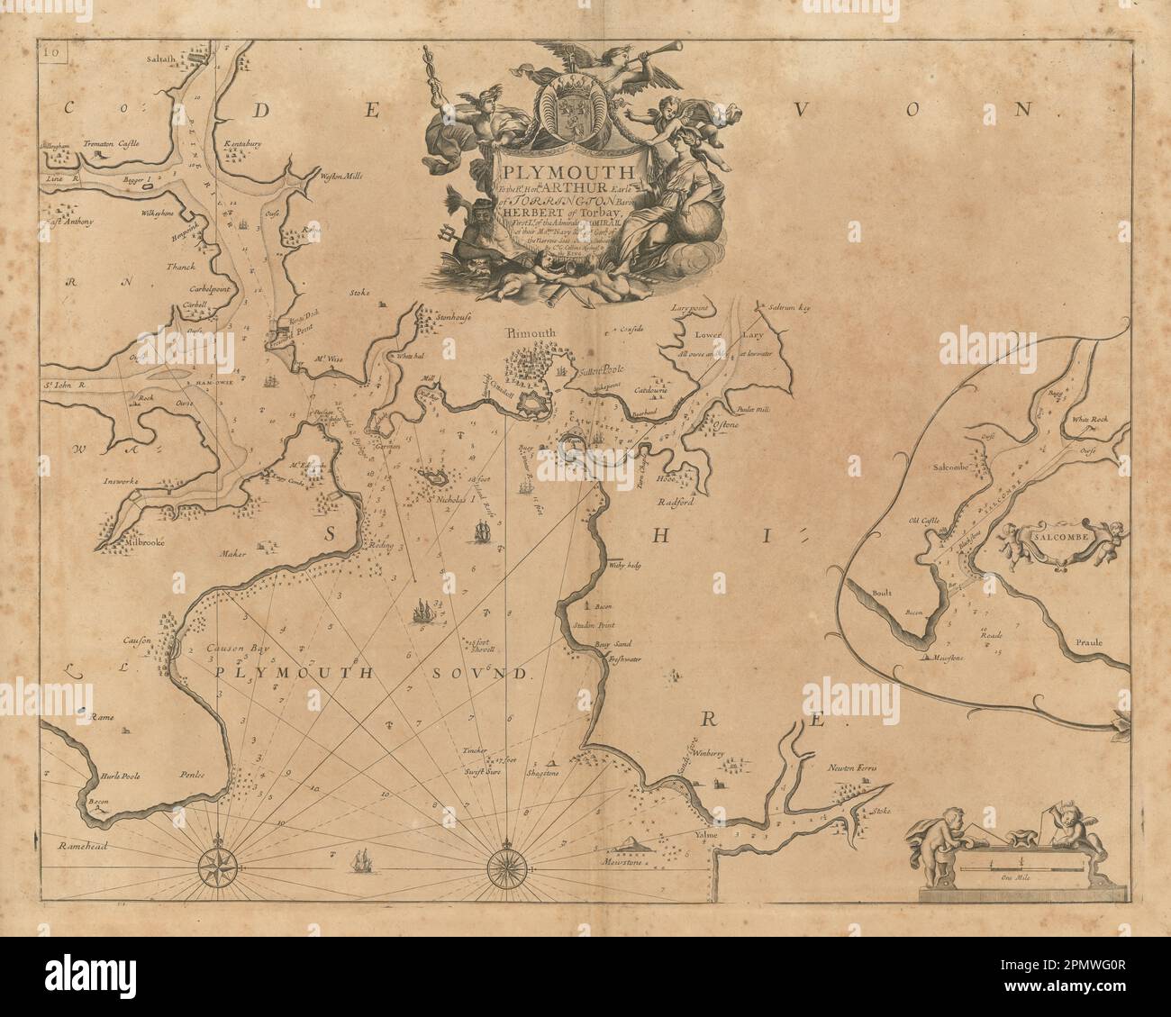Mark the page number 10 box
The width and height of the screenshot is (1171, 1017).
[x=50, y=51]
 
